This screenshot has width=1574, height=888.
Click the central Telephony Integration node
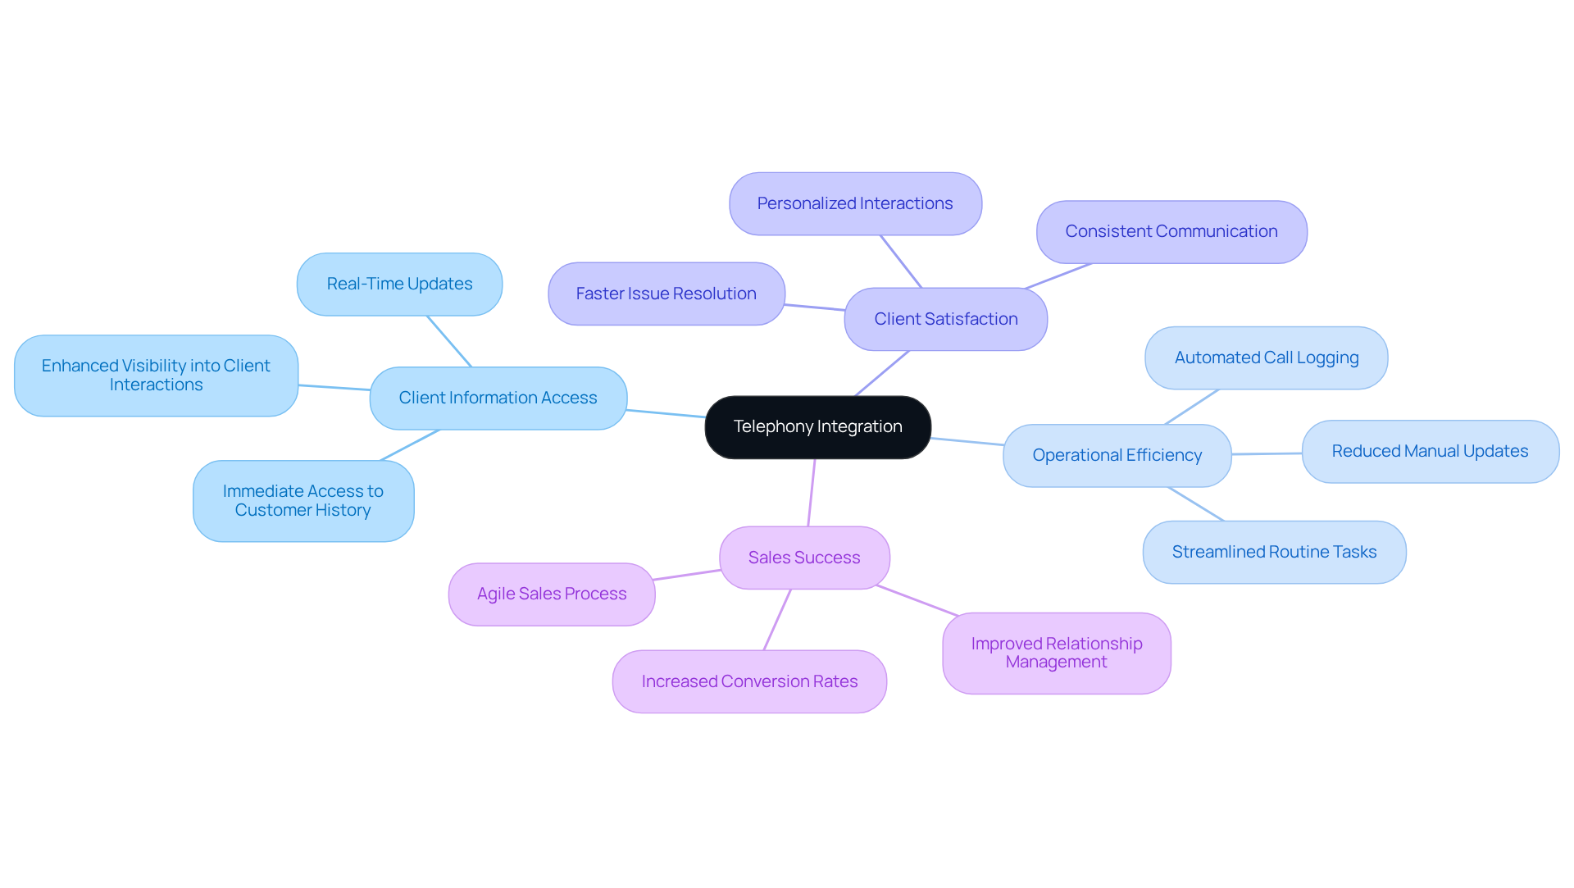tap(817, 427)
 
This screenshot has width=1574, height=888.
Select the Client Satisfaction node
tap(945, 319)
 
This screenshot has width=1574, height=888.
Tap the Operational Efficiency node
tap(1117, 455)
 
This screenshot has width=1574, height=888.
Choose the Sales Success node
tap(803, 558)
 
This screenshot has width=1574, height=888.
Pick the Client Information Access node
tap(498, 398)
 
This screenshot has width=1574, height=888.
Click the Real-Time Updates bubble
tap(399, 284)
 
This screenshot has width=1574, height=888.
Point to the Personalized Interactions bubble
tap(854, 203)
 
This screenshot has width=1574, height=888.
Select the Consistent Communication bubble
tap(1171, 231)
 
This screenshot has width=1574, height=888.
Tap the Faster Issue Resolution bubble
tap(666, 294)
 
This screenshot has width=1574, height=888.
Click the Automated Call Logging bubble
tap(1266, 357)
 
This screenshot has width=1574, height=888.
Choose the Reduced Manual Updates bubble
tap(1430, 451)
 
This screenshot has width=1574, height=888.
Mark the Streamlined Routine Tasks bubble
tap(1274, 552)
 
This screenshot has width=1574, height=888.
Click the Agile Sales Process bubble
tap(551, 594)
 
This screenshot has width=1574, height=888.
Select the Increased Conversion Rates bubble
tap(748, 681)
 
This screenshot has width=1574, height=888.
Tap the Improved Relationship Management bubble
tap(1056, 653)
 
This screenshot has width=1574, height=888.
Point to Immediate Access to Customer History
tap(303, 500)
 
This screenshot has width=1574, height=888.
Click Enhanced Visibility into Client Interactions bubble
tap(156, 376)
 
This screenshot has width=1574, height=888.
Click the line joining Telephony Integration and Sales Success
tap(812, 492)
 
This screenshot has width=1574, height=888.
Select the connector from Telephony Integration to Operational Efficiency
tap(967, 441)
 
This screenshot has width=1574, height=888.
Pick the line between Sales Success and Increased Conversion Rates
tap(777, 620)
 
